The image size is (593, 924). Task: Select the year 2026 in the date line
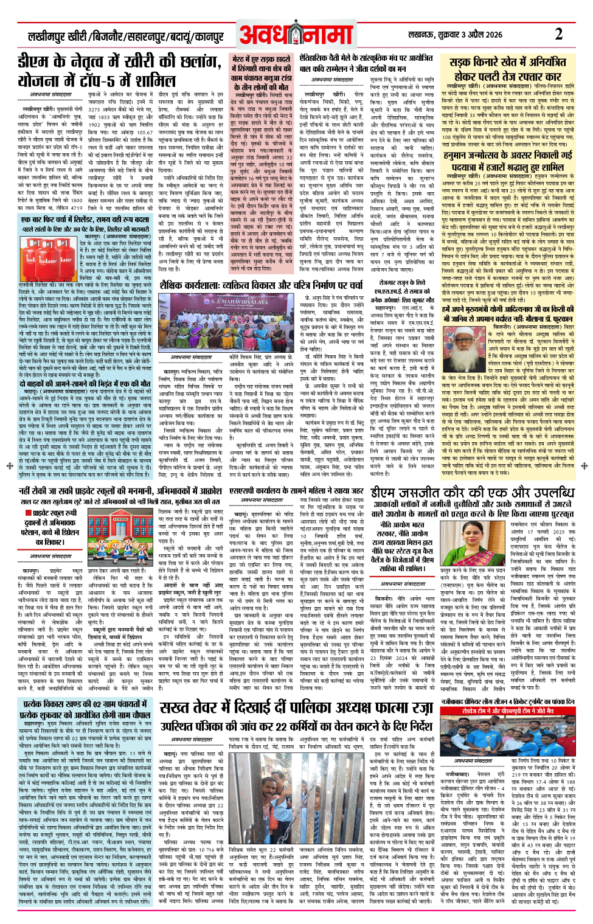491,35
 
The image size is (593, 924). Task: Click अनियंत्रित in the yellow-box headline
538,62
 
